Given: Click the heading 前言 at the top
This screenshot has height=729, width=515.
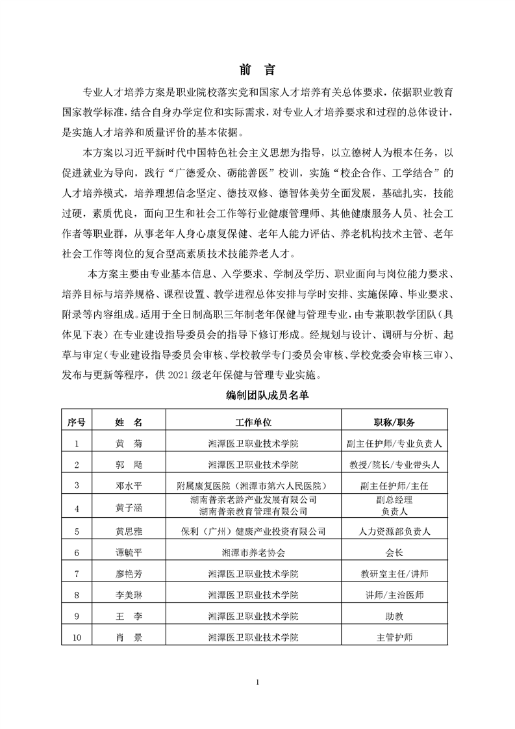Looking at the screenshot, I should tap(257, 70).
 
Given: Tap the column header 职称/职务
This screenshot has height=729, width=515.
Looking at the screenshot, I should tap(394, 422).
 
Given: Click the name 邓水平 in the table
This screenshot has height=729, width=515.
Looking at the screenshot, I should tap(128, 485).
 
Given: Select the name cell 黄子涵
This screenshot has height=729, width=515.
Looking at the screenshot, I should tap(128, 508).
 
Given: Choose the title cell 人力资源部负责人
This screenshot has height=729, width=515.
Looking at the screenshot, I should tap(394, 531).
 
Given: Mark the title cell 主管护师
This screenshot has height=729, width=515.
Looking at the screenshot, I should tap(394, 637).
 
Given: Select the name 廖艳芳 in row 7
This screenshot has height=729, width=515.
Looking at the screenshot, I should tap(128, 574).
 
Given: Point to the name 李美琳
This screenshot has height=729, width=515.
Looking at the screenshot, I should tap(128, 595).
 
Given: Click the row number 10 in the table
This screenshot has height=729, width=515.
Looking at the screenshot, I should tap(77, 637).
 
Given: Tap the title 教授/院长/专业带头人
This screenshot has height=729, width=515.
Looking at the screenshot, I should tap(394, 465).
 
